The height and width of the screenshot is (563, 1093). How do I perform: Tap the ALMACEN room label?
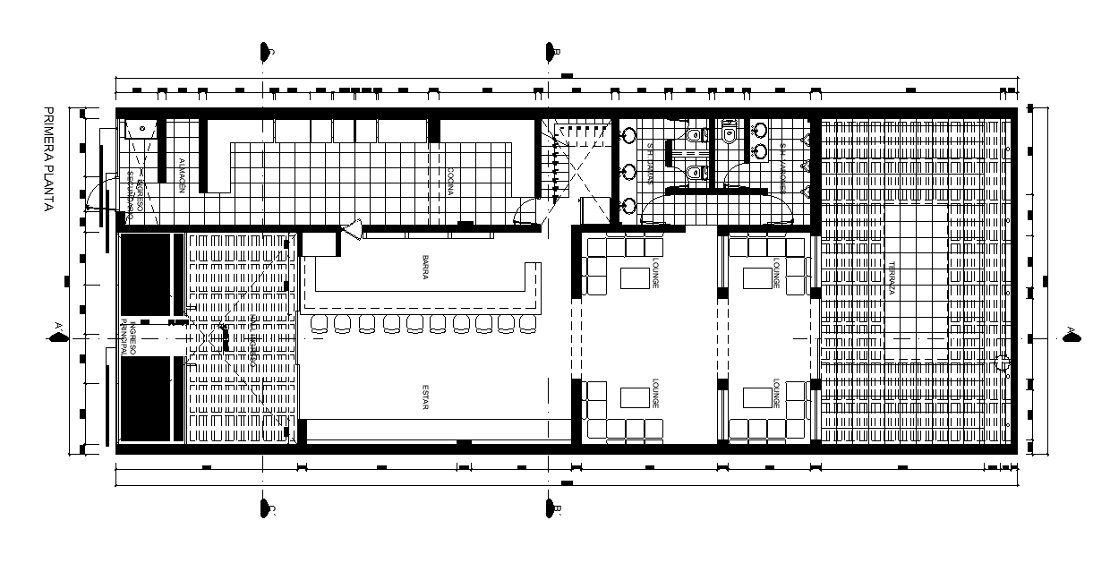point(181,175)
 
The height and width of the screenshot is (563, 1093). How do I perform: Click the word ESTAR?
point(426,397)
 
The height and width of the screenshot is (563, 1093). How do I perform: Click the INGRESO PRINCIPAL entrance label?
point(131,340)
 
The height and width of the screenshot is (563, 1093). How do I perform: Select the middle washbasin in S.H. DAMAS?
point(629,170)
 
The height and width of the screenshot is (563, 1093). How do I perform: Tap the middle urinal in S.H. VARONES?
point(805,166)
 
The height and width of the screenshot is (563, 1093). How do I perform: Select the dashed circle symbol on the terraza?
point(1003,364)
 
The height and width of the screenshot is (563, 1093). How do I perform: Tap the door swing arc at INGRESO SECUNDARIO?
point(97,199)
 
